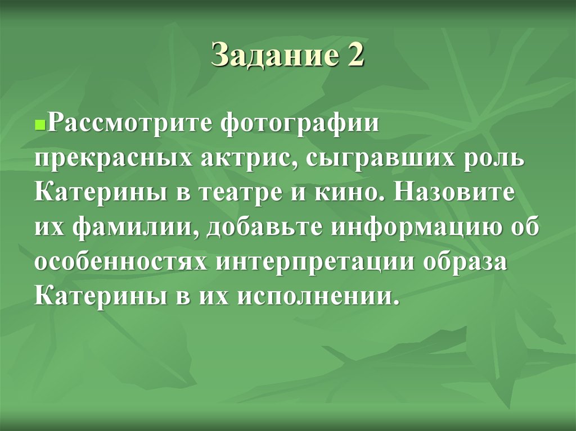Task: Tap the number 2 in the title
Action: (x=353, y=56)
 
